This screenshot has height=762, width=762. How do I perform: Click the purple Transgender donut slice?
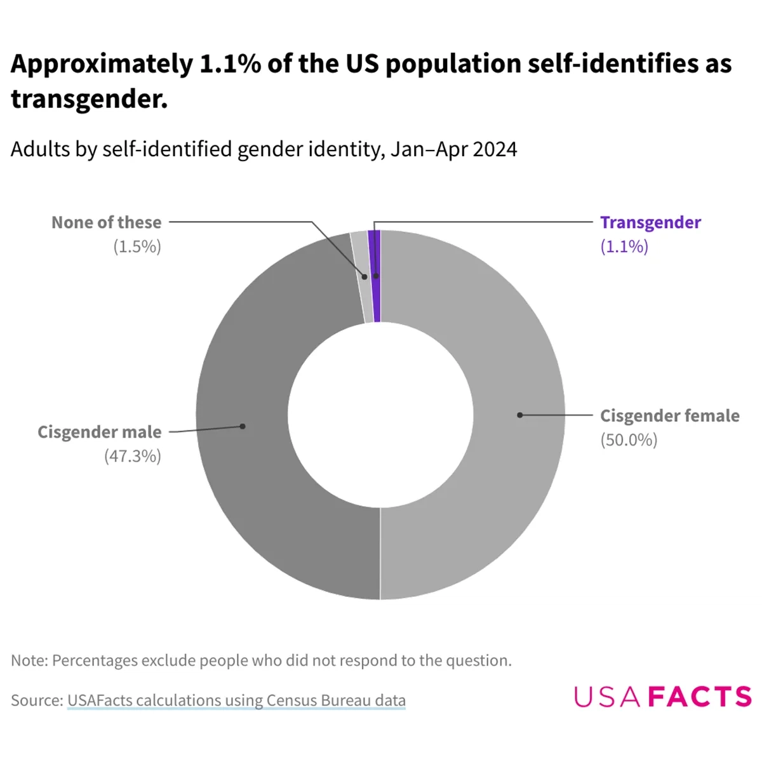click(x=375, y=298)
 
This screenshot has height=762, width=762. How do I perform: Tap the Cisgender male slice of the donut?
click(x=254, y=444)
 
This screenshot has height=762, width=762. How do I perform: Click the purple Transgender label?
click(x=650, y=222)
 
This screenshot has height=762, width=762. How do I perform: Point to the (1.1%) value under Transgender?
click(x=624, y=246)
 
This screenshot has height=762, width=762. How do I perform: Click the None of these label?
click(x=107, y=222)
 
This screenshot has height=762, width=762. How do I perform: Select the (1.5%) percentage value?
click(x=137, y=246)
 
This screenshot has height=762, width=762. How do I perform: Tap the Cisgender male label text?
click(x=100, y=432)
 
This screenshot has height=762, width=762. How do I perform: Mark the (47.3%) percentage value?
click(x=133, y=456)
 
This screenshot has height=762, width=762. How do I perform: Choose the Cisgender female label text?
click(x=669, y=416)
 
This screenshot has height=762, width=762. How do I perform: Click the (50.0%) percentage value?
click(x=629, y=440)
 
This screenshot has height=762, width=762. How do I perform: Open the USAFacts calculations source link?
click(x=236, y=700)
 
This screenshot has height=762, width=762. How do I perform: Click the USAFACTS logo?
click(x=662, y=697)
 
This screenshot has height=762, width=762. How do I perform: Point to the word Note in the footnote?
click(x=28, y=660)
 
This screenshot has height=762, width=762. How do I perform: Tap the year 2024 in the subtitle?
click(x=495, y=149)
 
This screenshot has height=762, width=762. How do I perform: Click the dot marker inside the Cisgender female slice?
click(x=519, y=415)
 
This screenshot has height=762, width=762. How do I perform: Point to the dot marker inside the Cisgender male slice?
click(x=243, y=426)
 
